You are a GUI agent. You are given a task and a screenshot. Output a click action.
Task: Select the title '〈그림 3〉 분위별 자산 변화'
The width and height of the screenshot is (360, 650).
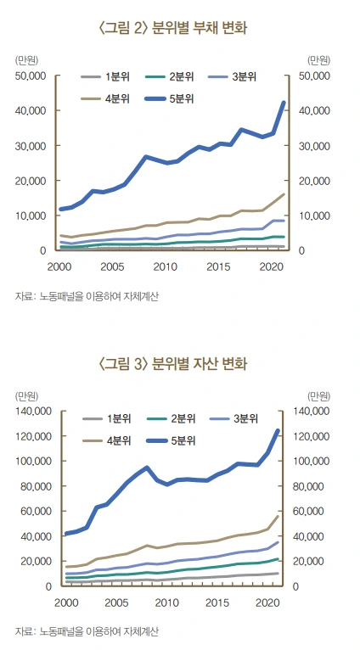(x=179, y=365)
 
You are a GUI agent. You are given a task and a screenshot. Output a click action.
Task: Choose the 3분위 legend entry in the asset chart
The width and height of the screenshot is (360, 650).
(x=233, y=417)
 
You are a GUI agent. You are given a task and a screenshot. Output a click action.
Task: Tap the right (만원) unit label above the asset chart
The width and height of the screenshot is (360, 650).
(x=321, y=395)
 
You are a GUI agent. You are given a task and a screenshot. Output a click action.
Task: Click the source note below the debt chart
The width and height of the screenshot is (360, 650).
(x=87, y=296)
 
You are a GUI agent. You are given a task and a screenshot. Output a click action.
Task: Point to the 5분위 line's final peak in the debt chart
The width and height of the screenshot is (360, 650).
(x=284, y=103)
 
